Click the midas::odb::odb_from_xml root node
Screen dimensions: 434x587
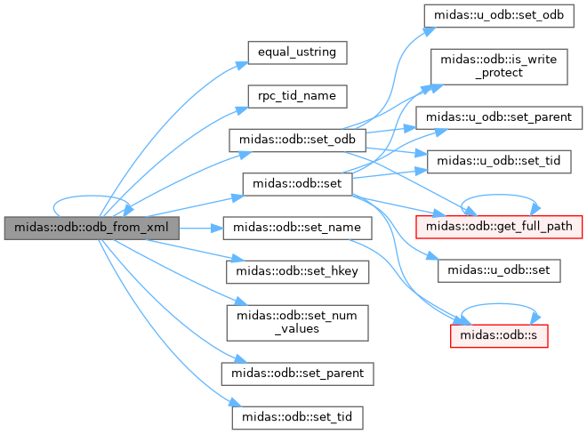pyautogui.click(x=92, y=228)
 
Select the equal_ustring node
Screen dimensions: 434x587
pyautogui.click(x=296, y=52)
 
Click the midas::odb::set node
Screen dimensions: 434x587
pyautogui.click(x=298, y=183)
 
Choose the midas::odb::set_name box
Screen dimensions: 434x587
pyautogui.click(x=298, y=228)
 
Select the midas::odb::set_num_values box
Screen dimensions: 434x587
pyautogui.click(x=298, y=321)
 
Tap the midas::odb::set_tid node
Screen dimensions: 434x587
pyautogui.click(x=298, y=415)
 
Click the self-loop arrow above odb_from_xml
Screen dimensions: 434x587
pyautogui.click(x=92, y=199)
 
